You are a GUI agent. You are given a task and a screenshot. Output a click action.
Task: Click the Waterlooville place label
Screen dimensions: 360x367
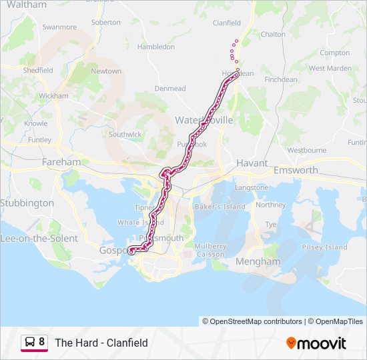tap(204, 120)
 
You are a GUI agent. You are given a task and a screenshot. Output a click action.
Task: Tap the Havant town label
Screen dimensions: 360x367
tap(252, 163)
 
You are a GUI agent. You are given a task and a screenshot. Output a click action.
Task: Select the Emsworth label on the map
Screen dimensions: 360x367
tap(296, 171)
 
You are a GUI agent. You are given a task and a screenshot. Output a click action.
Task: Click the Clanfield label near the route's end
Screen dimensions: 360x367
tap(226, 23)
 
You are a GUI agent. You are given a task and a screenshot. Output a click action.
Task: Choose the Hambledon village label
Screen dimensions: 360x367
tap(155, 47)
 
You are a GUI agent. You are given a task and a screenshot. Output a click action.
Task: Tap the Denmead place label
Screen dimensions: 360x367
tap(170, 88)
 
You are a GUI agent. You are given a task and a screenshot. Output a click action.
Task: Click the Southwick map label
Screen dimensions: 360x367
tap(125, 134)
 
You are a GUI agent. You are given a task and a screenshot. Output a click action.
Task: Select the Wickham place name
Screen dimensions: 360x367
tap(53, 96)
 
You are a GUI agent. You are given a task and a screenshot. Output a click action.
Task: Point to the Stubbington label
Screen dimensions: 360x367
tap(27, 203)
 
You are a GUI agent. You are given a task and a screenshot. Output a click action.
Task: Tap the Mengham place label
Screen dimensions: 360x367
tap(259, 262)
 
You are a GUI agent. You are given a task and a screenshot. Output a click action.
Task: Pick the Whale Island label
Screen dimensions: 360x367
tap(135, 223)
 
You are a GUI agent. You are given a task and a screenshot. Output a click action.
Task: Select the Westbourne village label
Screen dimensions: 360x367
tap(307, 151)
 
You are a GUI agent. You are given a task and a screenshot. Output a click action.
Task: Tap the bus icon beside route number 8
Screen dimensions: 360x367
tap(30, 343)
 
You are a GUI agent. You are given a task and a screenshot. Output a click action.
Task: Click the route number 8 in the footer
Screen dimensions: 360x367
tap(42, 343)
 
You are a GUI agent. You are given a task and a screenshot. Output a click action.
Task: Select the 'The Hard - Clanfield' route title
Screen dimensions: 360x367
tap(101, 343)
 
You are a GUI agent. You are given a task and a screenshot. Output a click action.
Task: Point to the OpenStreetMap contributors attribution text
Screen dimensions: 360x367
tap(252, 321)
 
